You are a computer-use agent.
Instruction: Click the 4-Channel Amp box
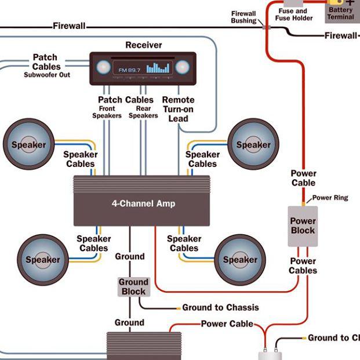141,201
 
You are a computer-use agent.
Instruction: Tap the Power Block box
303,226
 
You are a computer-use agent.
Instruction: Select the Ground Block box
133,287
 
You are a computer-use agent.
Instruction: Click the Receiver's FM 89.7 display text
129,70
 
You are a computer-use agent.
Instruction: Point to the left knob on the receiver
103,67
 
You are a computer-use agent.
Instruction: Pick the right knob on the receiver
182,67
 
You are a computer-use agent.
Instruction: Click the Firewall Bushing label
243,17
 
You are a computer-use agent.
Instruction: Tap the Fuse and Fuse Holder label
294,14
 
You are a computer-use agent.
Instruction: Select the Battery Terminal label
341,13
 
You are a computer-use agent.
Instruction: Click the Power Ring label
330,198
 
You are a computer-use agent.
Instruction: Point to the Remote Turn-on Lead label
178,110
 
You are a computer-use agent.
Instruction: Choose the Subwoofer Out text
47,75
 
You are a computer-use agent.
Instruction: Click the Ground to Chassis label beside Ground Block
220,307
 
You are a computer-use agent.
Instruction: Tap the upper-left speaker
29,144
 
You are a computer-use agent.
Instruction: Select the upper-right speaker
253,144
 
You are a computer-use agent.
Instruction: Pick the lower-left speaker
43,260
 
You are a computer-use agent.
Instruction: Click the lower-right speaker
240,260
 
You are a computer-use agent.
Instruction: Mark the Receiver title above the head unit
144,45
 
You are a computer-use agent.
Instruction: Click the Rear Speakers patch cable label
143,112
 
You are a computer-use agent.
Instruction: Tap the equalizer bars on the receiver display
158,68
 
